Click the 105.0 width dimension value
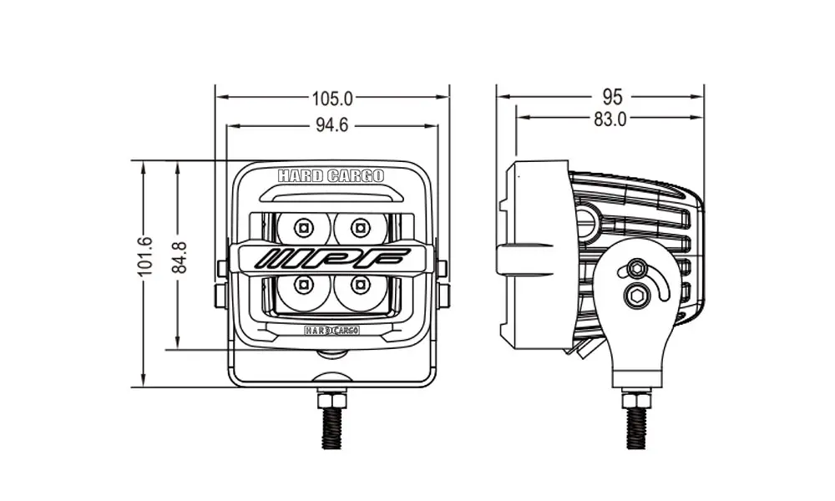tap(332, 99)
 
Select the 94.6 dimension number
tap(331, 126)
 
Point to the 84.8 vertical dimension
tap(177, 256)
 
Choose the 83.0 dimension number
tap(610, 119)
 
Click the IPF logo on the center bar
tap(332, 257)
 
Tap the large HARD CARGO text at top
tap(331, 176)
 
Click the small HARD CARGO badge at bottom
tap(331, 330)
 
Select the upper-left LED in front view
tap(302, 225)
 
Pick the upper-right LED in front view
tap(361, 225)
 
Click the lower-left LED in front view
tap(302, 285)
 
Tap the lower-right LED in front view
tap(361, 285)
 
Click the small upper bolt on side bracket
tap(637, 270)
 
